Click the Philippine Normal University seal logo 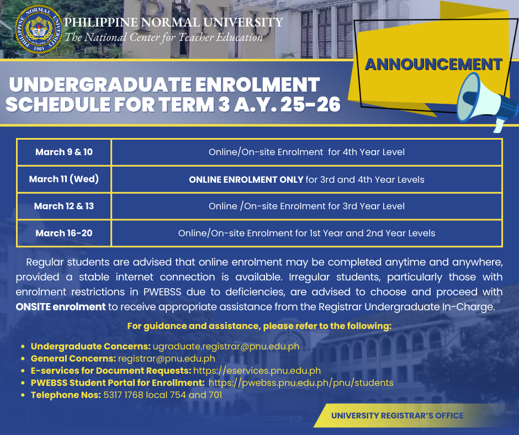39,29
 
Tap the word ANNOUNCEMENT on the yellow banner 433,64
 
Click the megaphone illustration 487,102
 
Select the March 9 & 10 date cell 64,152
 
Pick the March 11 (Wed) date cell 64,179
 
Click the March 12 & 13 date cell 64,206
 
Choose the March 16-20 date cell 64,233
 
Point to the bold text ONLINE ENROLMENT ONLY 246,179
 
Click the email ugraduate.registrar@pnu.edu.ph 226,346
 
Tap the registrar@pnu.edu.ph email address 167,358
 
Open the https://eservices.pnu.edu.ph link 257,370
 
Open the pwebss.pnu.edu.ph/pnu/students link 301,383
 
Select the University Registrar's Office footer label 397,416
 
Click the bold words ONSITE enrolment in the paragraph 61,307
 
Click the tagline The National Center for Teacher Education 163,38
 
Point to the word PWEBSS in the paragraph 162,292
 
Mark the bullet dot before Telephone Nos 23,395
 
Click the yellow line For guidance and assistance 259,326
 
